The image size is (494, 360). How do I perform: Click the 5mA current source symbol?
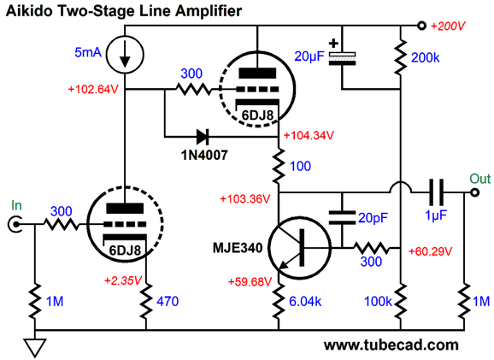[125, 54]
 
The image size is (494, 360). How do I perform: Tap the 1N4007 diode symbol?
[203, 137]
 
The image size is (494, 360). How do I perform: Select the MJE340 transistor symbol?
[300, 247]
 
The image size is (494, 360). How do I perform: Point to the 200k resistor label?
[425, 57]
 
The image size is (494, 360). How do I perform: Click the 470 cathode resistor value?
[168, 301]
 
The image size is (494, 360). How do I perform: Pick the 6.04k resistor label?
[305, 301]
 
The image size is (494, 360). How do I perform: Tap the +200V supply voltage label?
[448, 27]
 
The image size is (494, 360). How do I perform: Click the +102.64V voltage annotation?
[93, 90]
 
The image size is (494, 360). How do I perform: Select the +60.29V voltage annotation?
[431, 251]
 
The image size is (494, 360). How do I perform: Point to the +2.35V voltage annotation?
[123, 280]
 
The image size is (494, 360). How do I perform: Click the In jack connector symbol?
[15, 224]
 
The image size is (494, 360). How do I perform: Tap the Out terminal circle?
[474, 192]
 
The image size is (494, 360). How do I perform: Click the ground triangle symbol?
[35, 348]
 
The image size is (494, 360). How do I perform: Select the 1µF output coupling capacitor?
[437, 192]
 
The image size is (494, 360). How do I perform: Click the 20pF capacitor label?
[373, 218]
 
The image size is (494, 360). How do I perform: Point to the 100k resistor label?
[378, 302]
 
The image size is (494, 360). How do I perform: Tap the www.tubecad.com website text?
[391, 345]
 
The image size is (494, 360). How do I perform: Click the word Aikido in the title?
[26, 11]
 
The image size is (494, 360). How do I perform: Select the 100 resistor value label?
[300, 166]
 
